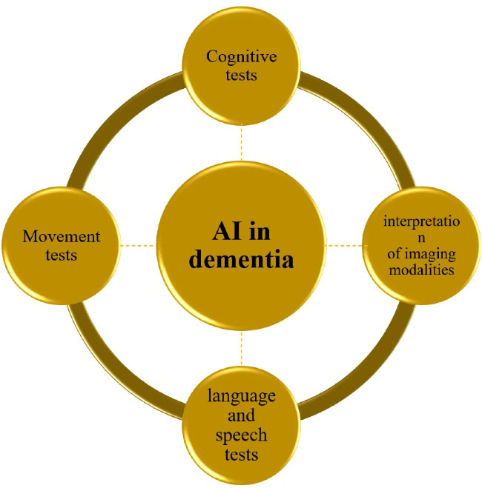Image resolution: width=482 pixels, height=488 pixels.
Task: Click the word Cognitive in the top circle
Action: tap(240, 56)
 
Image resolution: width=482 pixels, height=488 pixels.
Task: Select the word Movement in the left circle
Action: tap(62, 237)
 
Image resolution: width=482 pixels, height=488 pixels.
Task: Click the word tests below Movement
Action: tap(62, 255)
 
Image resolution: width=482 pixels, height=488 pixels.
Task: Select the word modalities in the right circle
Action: tap(421, 270)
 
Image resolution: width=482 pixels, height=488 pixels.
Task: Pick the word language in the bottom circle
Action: tap(241, 395)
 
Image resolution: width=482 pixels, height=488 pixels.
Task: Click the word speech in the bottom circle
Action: tap(241, 434)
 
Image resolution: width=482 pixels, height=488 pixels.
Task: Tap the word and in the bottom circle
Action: tap(241, 415)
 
